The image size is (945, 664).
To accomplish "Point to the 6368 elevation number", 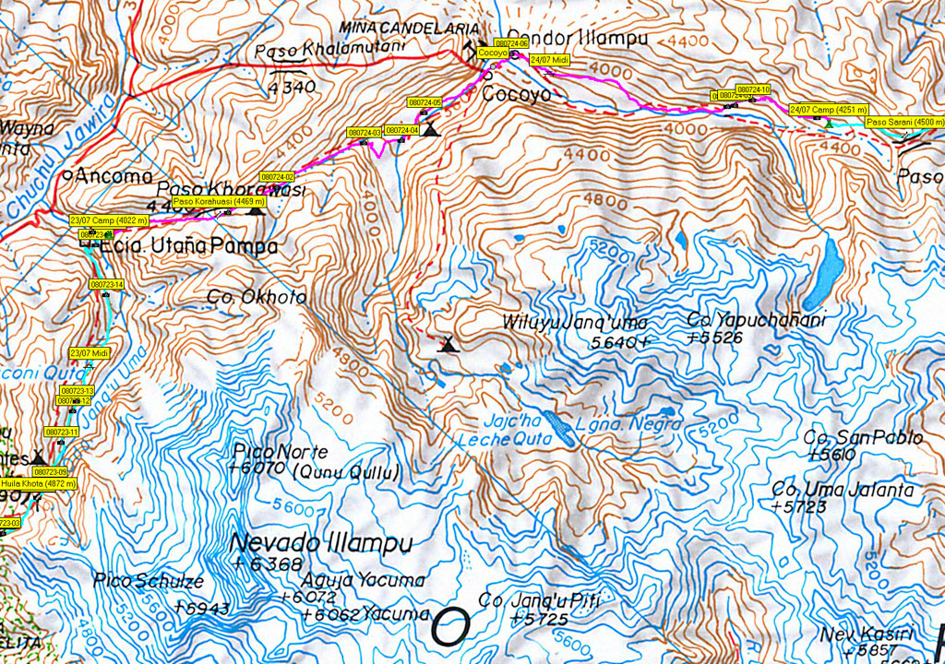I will coord(257,563).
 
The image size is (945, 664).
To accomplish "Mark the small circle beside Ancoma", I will coord(68,174).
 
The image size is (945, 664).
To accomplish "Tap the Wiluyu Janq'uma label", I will coord(575,323).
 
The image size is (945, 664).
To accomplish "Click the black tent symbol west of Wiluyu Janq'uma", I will coord(449,346).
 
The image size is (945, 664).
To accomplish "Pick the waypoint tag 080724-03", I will coord(365,133).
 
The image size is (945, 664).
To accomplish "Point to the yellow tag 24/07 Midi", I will coord(550,59).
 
